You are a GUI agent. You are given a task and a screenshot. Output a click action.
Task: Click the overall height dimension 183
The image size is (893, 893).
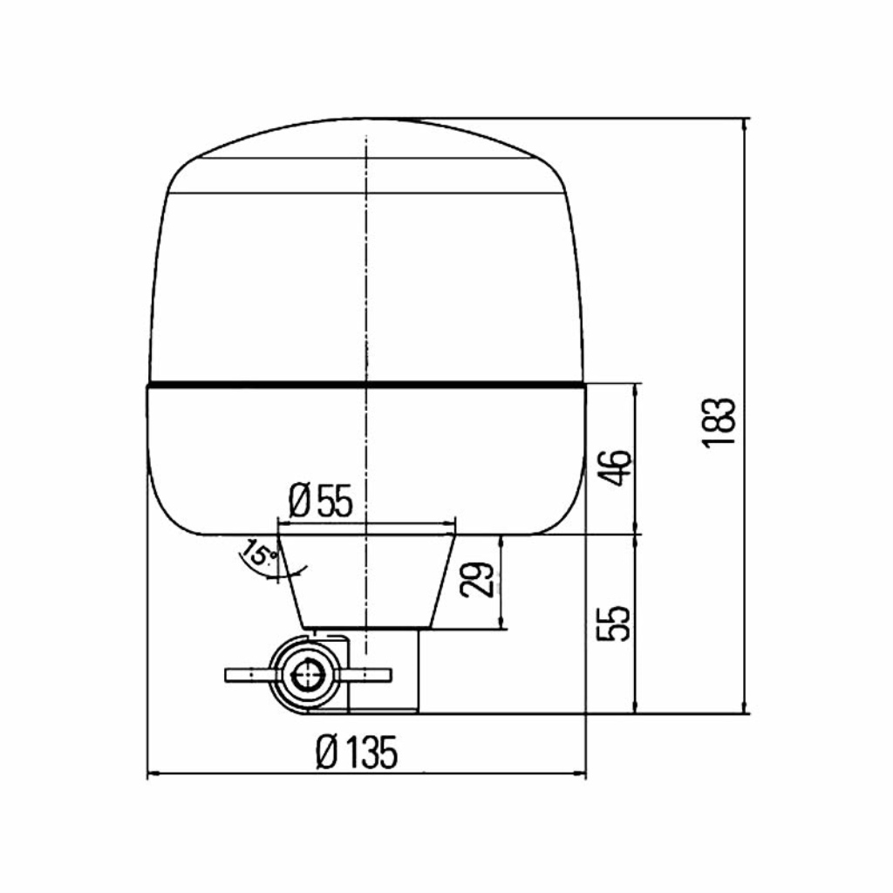(x=719, y=423)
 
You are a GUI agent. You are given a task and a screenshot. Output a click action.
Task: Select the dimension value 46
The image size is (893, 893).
(x=617, y=467)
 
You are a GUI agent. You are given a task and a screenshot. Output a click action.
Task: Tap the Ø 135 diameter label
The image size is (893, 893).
(x=356, y=752)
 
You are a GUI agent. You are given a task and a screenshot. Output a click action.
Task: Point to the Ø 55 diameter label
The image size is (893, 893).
(x=321, y=500)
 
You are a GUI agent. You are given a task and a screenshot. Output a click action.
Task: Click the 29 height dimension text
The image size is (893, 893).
(x=477, y=580)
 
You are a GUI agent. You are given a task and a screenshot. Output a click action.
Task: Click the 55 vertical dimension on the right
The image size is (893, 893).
(x=615, y=623)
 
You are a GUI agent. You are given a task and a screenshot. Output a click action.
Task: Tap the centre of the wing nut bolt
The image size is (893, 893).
(x=306, y=676)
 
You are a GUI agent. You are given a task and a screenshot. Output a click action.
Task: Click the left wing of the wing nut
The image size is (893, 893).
(x=249, y=676)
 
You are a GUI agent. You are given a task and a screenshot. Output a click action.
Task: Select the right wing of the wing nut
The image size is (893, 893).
(x=365, y=676)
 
